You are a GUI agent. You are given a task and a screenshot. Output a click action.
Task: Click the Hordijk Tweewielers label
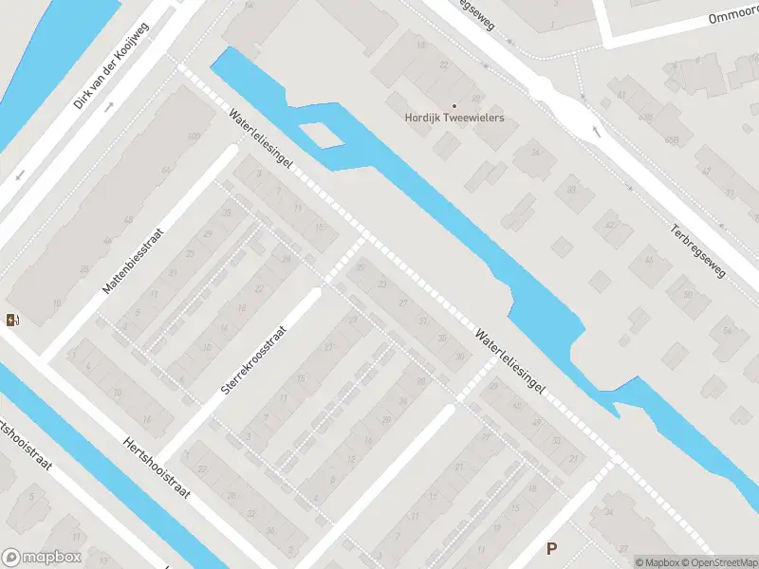(454, 119)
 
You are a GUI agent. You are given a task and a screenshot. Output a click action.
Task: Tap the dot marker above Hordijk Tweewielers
(454, 105)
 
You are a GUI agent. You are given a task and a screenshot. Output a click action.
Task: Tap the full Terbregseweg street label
(697, 251)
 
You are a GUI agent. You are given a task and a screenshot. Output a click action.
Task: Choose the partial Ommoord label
(732, 19)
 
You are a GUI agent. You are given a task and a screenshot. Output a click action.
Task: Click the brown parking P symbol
(551, 548)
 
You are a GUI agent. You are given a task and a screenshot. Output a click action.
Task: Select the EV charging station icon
(11, 320)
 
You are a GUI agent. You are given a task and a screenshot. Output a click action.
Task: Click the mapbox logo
(41, 557)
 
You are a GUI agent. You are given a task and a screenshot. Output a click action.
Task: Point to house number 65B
(674, 140)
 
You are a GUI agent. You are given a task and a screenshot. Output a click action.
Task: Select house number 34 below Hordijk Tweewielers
(535, 153)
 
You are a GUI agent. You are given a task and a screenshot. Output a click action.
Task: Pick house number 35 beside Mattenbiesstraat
(226, 212)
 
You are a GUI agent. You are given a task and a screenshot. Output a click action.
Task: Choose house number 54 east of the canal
(727, 331)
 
